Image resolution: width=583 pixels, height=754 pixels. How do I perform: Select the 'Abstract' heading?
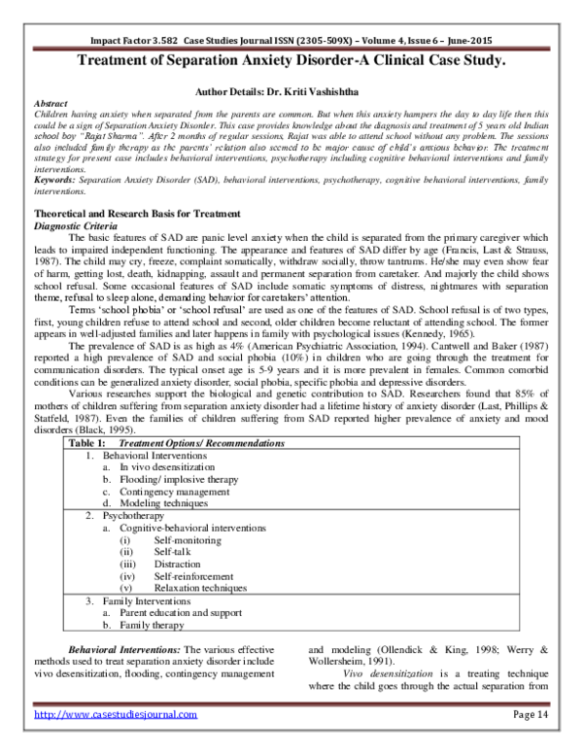51,100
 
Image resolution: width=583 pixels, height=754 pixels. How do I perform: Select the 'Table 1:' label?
86,442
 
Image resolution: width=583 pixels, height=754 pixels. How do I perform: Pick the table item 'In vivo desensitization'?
163,466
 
